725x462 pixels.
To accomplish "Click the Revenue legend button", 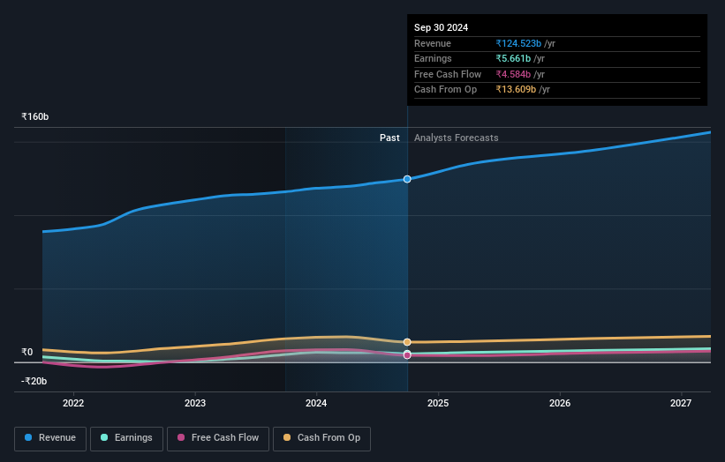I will [x=50, y=438].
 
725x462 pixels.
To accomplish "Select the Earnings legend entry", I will [x=126, y=438].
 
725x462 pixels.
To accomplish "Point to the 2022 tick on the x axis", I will [x=73, y=403].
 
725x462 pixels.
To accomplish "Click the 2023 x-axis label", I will [x=195, y=403].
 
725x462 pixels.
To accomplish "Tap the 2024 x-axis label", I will [x=316, y=403].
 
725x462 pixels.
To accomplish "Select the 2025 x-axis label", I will [x=438, y=403].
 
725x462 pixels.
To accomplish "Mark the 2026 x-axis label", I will [x=559, y=403].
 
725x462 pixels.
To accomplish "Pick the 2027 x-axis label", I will [x=681, y=403].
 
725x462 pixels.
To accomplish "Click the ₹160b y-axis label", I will [x=35, y=116].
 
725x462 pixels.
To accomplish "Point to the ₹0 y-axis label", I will [x=27, y=352].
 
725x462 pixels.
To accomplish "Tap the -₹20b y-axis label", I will [x=35, y=381].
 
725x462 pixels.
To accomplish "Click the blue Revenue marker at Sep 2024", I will [x=407, y=179].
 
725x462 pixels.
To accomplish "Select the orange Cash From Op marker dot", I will [x=407, y=342].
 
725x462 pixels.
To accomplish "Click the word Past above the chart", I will [x=389, y=138].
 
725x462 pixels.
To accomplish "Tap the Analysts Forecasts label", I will [x=456, y=138].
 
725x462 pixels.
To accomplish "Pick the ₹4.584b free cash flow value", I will [x=519, y=74].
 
